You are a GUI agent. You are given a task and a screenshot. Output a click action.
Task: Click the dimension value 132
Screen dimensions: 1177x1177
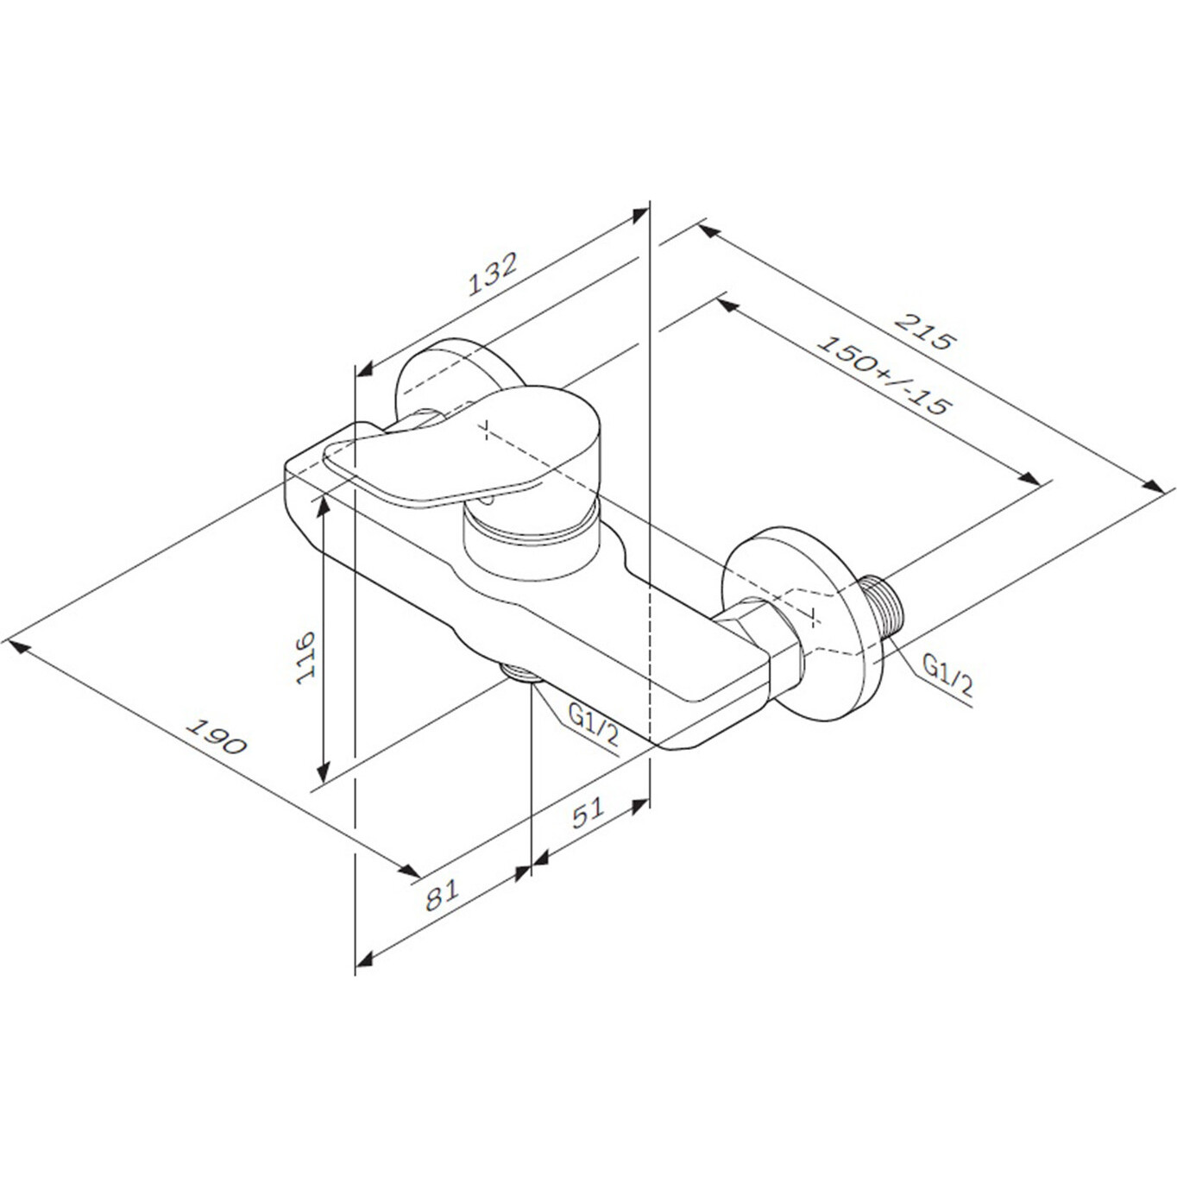[x=493, y=274]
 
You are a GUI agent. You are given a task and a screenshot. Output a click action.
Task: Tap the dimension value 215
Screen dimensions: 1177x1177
[x=923, y=331]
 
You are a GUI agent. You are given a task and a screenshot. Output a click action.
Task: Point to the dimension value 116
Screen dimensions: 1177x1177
[x=305, y=658]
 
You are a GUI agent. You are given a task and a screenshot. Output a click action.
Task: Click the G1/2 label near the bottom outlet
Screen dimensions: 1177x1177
[x=593, y=724]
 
